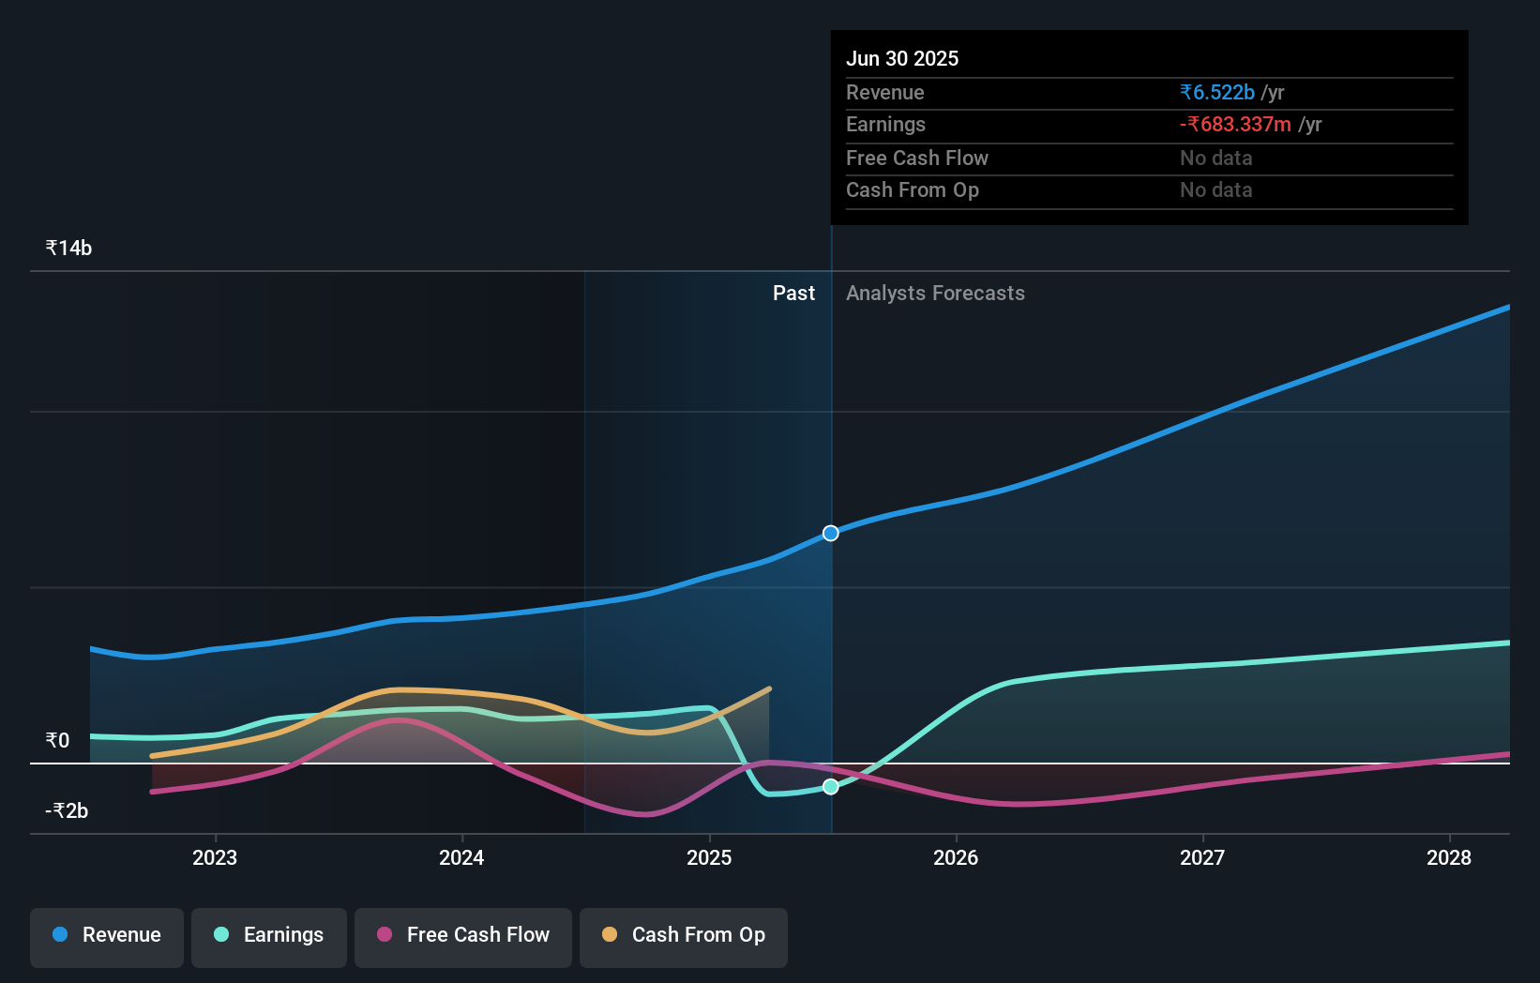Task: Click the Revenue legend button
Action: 107,936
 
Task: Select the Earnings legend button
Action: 269,936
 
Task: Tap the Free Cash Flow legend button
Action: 463,936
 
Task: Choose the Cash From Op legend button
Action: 684,936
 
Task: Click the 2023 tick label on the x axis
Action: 215,858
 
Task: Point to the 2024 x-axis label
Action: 461,858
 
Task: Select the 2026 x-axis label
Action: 956,858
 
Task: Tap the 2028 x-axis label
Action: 1449,858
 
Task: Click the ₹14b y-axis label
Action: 68,249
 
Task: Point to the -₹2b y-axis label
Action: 67,811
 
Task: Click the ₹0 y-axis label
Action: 57,741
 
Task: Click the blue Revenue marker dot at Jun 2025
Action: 831,534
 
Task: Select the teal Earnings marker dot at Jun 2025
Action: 831,787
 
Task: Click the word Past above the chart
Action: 793,294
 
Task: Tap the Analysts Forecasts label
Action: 935,294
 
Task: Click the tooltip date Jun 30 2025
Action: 902,59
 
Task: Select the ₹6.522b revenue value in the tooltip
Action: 1217,93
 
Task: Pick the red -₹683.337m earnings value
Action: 1235,125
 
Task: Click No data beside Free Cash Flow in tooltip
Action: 1215,159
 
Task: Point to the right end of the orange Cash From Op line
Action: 769,689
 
